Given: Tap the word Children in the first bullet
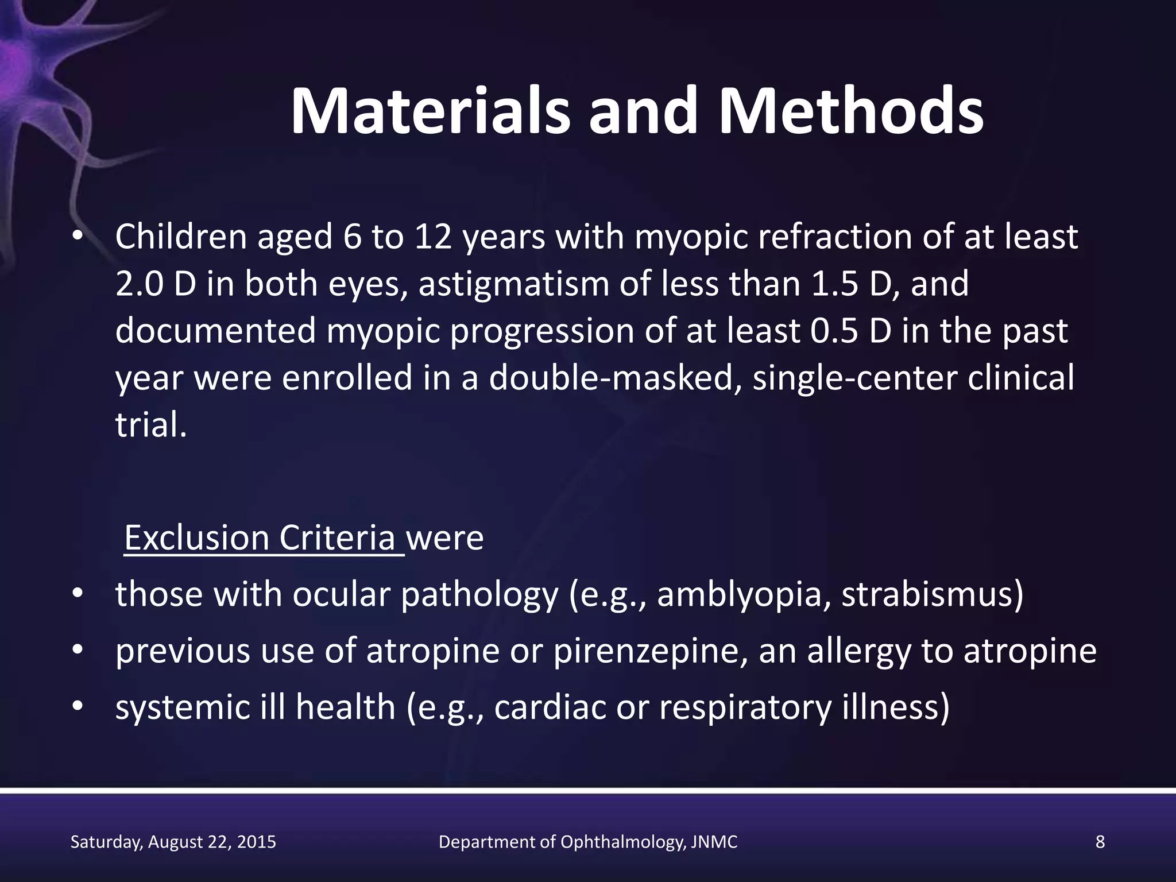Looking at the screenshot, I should [x=181, y=237].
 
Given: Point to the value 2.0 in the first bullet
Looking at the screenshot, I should [x=140, y=284].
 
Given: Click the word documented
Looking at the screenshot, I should [x=215, y=331].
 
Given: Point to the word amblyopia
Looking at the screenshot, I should [x=744, y=595].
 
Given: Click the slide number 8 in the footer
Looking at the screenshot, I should [x=1100, y=842].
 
